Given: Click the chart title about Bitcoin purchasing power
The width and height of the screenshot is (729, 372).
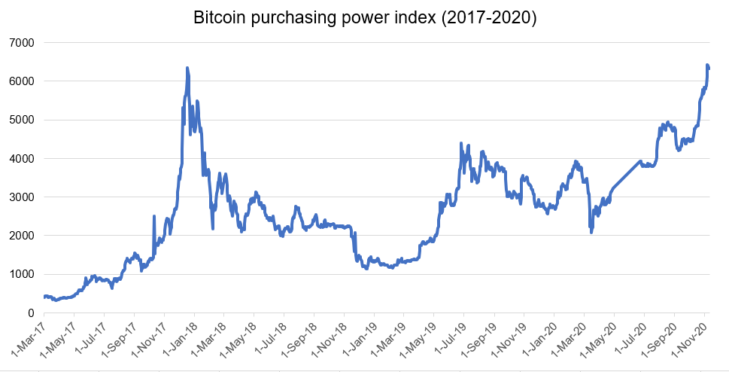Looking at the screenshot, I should tap(364, 18).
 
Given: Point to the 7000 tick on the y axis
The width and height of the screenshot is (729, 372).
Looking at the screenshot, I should tap(21, 42).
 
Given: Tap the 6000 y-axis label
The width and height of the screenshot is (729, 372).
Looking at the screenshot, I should tap(21, 81).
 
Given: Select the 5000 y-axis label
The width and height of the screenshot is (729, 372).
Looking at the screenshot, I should tap(21, 120).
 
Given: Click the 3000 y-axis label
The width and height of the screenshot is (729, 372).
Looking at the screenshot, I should tap(21, 197).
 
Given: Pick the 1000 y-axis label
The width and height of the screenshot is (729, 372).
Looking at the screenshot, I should tap(21, 274).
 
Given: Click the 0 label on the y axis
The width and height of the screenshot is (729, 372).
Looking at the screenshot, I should tap(31, 313).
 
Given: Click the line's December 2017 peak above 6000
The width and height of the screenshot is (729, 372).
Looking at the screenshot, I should tap(187, 69).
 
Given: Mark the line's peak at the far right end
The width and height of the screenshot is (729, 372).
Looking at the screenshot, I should tap(707, 66).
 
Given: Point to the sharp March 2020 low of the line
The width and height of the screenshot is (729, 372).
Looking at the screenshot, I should tap(591, 231).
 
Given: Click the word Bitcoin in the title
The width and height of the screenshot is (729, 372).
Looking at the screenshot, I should tap(219, 18).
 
